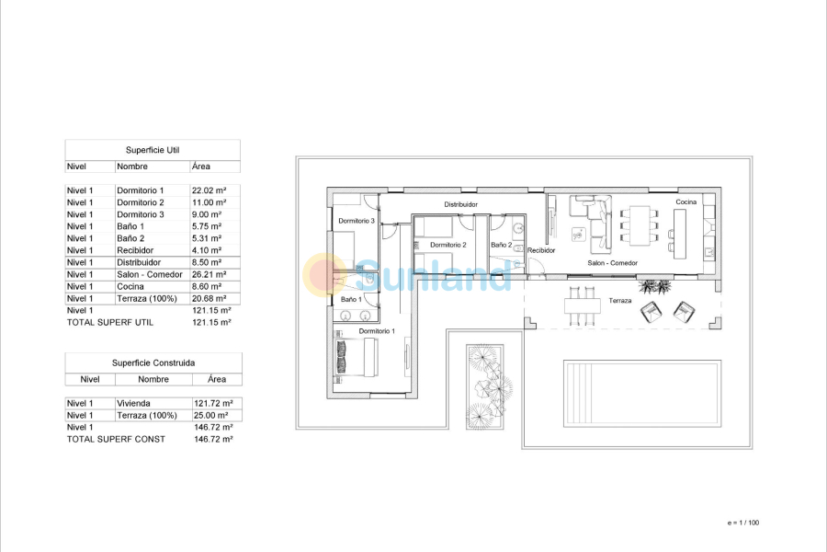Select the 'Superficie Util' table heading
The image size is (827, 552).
(x=152, y=149)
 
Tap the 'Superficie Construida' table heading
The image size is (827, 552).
(x=153, y=362)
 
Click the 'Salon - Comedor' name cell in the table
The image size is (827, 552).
(x=150, y=274)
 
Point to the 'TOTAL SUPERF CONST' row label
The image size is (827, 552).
(x=116, y=440)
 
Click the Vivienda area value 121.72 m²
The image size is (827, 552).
(x=213, y=404)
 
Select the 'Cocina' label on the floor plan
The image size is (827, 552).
(x=686, y=201)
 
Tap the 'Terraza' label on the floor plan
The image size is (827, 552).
(x=620, y=301)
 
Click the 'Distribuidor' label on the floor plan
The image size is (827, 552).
(x=461, y=204)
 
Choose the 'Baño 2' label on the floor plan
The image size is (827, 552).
(x=501, y=245)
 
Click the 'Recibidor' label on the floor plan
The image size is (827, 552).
(x=541, y=249)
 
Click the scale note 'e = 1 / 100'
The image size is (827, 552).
(x=742, y=523)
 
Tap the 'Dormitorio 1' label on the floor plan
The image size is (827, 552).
(x=377, y=330)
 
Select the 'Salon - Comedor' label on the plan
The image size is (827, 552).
(x=613, y=263)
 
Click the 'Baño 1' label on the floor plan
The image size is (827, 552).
(x=351, y=299)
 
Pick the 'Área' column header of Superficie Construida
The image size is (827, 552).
(x=216, y=379)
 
